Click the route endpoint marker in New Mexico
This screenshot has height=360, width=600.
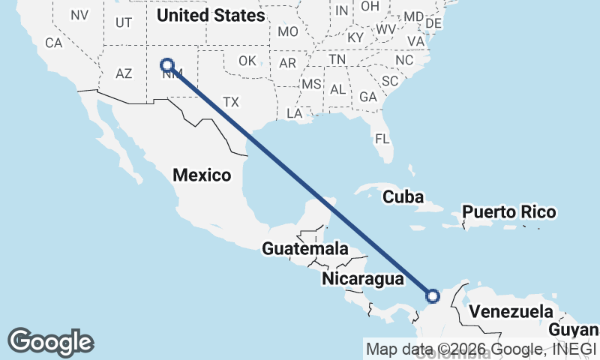coord(167,65)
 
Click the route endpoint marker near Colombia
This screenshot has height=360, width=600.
coord(433,296)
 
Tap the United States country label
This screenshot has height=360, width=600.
coord(211,15)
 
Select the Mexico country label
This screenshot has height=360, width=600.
coord(202,175)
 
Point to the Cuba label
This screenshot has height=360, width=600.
coord(403,197)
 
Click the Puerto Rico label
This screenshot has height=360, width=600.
coord(509,212)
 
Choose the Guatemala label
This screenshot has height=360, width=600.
coord(305,248)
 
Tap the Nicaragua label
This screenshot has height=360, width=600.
coord(363,279)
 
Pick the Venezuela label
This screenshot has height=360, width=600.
coord(510,311)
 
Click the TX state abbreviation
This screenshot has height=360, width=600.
coord(231,101)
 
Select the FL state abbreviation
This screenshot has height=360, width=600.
coord(382,139)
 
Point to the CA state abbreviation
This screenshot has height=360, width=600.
coord(53,43)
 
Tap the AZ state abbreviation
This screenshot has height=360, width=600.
coord(124,73)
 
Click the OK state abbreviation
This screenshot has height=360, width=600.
coord(247,61)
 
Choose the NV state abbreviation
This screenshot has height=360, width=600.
coord(79,15)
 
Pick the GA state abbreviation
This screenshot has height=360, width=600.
coord(367,97)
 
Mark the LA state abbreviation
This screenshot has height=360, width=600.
coord(294,113)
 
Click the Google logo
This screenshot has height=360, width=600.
coord(50,341)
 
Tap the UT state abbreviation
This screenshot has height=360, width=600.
coord(124,22)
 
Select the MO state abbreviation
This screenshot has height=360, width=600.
coord(288,32)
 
